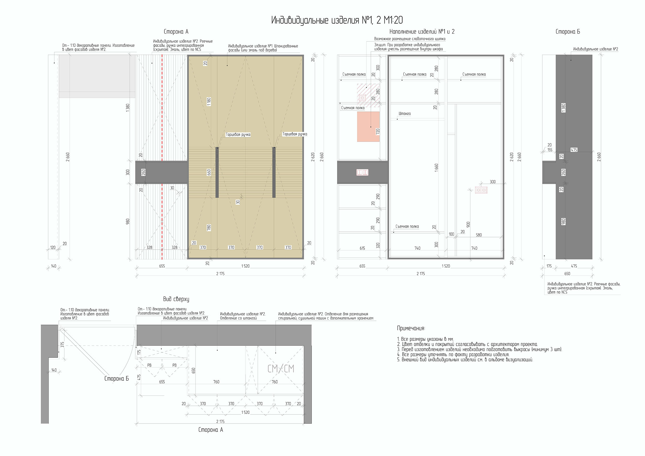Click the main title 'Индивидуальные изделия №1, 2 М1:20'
click(337, 20)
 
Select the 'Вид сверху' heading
click(176, 299)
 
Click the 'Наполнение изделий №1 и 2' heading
click(422, 32)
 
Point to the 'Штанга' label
click(404, 114)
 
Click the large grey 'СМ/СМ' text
click(281, 369)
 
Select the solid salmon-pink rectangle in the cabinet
click(368, 127)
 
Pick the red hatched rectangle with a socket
click(368, 96)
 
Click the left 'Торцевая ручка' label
click(238, 135)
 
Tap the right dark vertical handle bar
click(274, 172)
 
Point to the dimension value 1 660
click(436, 168)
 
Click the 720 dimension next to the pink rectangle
click(378, 131)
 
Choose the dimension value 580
click(479, 235)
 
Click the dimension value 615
click(362, 248)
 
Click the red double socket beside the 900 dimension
click(481, 190)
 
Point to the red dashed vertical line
click(162, 157)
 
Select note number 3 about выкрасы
click(480, 350)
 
